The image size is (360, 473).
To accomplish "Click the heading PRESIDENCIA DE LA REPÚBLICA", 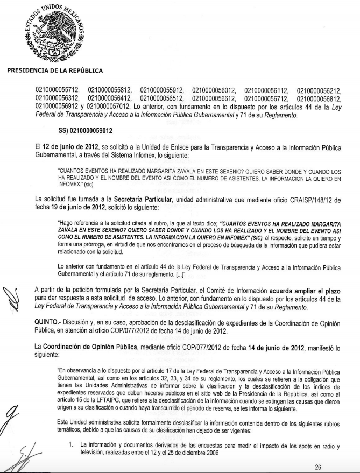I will coord(54,70).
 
